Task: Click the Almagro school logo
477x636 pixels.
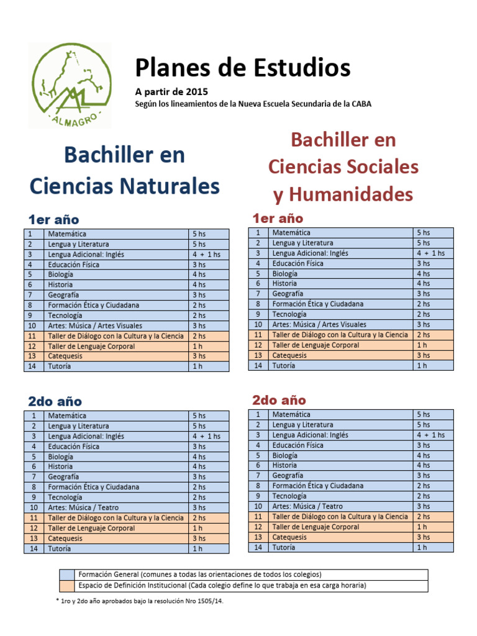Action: (x=70, y=85)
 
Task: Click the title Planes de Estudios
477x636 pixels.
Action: (x=243, y=68)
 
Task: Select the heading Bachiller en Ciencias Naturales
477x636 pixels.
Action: (x=125, y=170)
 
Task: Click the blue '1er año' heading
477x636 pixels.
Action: (x=53, y=219)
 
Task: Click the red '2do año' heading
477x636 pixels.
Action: (x=279, y=400)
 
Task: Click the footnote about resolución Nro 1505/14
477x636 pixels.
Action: (x=139, y=601)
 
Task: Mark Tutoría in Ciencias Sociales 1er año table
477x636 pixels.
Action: (x=284, y=365)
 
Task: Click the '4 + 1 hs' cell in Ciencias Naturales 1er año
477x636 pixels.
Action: (x=206, y=254)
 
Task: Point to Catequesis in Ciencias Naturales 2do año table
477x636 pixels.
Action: (x=65, y=538)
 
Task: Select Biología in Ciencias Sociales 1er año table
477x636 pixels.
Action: (x=284, y=273)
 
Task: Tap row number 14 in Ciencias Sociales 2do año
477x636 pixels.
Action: (x=257, y=547)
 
